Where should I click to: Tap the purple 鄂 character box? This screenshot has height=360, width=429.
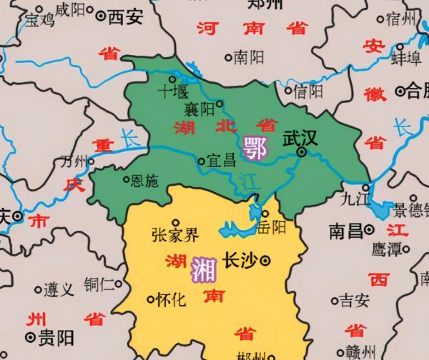pos(255,148)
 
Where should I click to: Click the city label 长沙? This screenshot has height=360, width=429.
pos(240,261)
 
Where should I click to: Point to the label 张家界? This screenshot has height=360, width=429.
pos(175,235)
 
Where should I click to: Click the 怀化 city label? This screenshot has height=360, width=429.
pos(172,300)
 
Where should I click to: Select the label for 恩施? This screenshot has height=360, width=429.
pos(145,181)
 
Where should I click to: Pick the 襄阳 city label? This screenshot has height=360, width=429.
pos(199,110)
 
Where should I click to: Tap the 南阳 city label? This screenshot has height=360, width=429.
pos(249,56)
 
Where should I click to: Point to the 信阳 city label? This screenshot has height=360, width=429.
pos(308,91)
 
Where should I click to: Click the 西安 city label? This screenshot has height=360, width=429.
pos(125,16)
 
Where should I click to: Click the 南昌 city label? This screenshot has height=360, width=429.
pos(345,231)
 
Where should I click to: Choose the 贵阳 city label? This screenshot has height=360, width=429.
pos(53,336)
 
